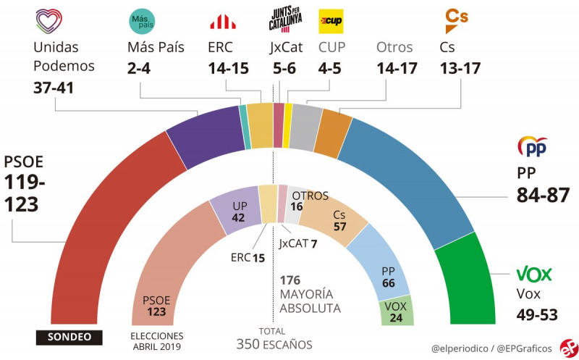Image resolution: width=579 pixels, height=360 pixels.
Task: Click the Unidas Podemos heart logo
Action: pyautogui.click(x=48, y=21)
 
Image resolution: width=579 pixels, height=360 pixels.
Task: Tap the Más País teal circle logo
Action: pyautogui.click(x=141, y=22)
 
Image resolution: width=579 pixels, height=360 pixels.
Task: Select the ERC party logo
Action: pyautogui.click(x=222, y=22)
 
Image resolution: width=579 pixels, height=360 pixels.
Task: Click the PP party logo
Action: pyautogui.click(x=532, y=147)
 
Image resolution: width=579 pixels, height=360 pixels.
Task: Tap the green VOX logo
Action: pyautogui.click(x=533, y=274)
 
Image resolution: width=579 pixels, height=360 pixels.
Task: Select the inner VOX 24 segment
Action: pyautogui.click(x=396, y=310)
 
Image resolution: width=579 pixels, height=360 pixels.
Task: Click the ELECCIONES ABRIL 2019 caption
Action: pyautogui.click(x=156, y=340)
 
